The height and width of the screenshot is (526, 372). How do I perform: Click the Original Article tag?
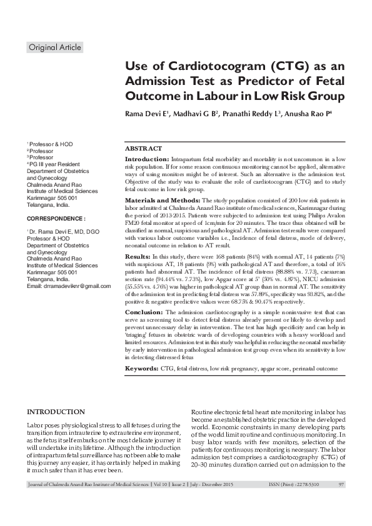55,47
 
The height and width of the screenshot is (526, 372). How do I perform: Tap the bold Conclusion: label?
144,311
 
